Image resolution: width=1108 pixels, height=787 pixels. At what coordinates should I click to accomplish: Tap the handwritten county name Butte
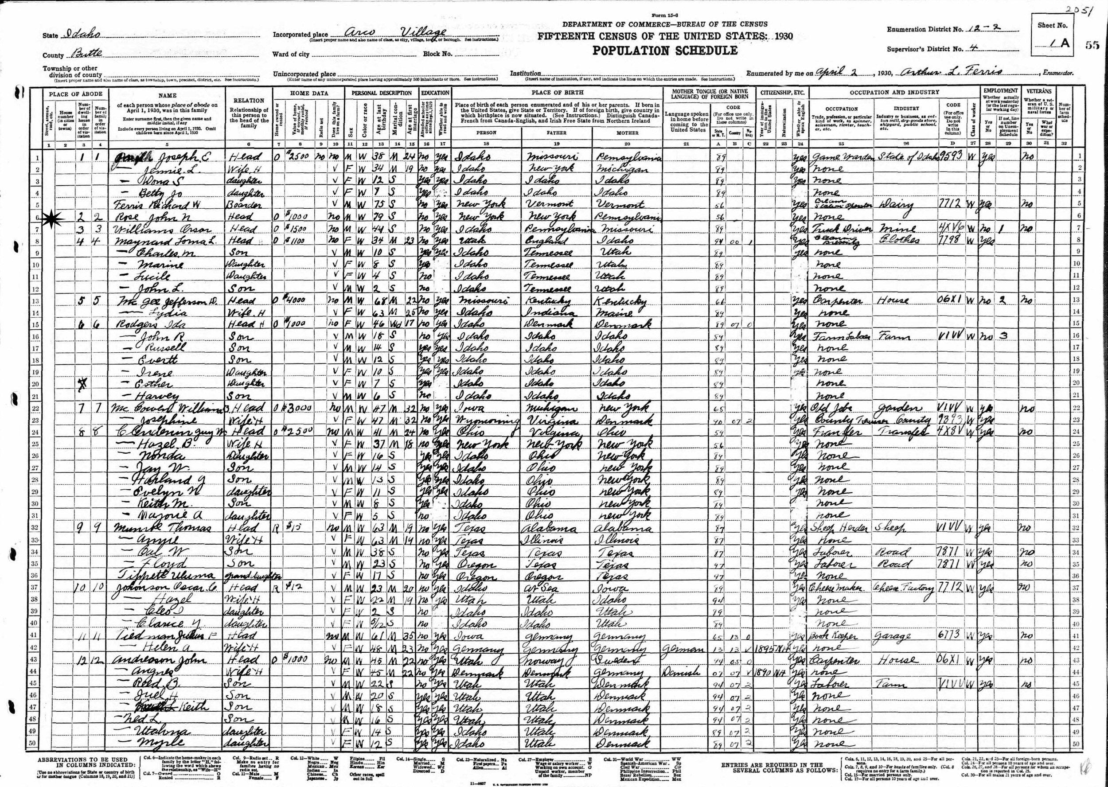click(81, 54)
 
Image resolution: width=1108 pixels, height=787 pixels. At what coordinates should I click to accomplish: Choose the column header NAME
click(167, 95)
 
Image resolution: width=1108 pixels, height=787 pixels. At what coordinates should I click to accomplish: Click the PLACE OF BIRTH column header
click(557, 92)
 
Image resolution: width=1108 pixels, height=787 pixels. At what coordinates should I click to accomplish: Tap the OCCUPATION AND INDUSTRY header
click(894, 92)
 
